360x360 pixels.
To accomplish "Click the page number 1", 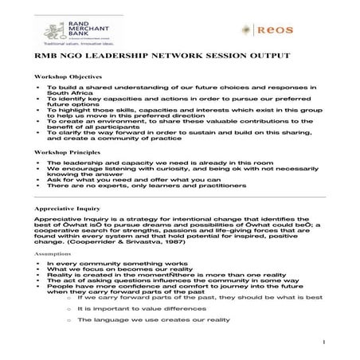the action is tap(327, 342).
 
